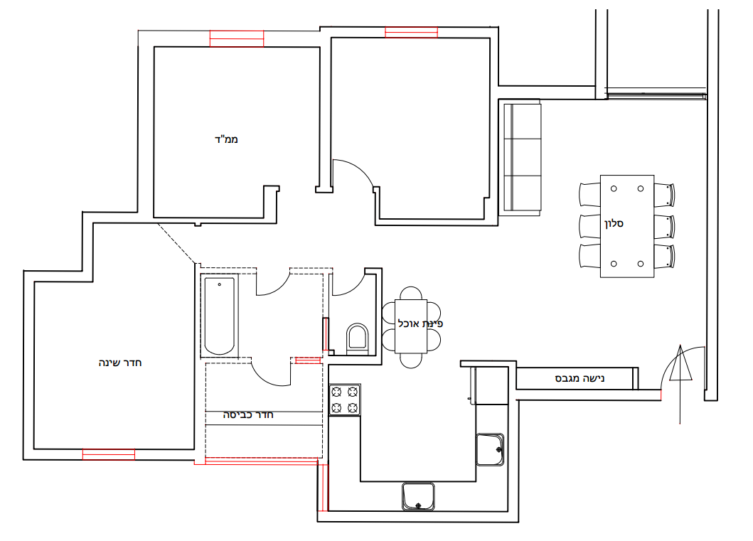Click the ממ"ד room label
(226, 139)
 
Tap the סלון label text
(614, 223)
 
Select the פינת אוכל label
(420, 323)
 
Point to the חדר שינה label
(120, 363)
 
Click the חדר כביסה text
(248, 414)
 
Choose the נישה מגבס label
(580, 378)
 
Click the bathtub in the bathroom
(220, 316)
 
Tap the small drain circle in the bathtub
(220, 284)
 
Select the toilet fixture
(357, 339)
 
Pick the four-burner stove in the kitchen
(345, 400)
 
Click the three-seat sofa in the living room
(523, 157)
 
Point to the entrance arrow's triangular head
(680, 363)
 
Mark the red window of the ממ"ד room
(237, 38)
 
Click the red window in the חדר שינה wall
(109, 454)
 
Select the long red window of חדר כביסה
(262, 461)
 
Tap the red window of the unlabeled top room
(412, 32)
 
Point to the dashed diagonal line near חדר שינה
(177, 243)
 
